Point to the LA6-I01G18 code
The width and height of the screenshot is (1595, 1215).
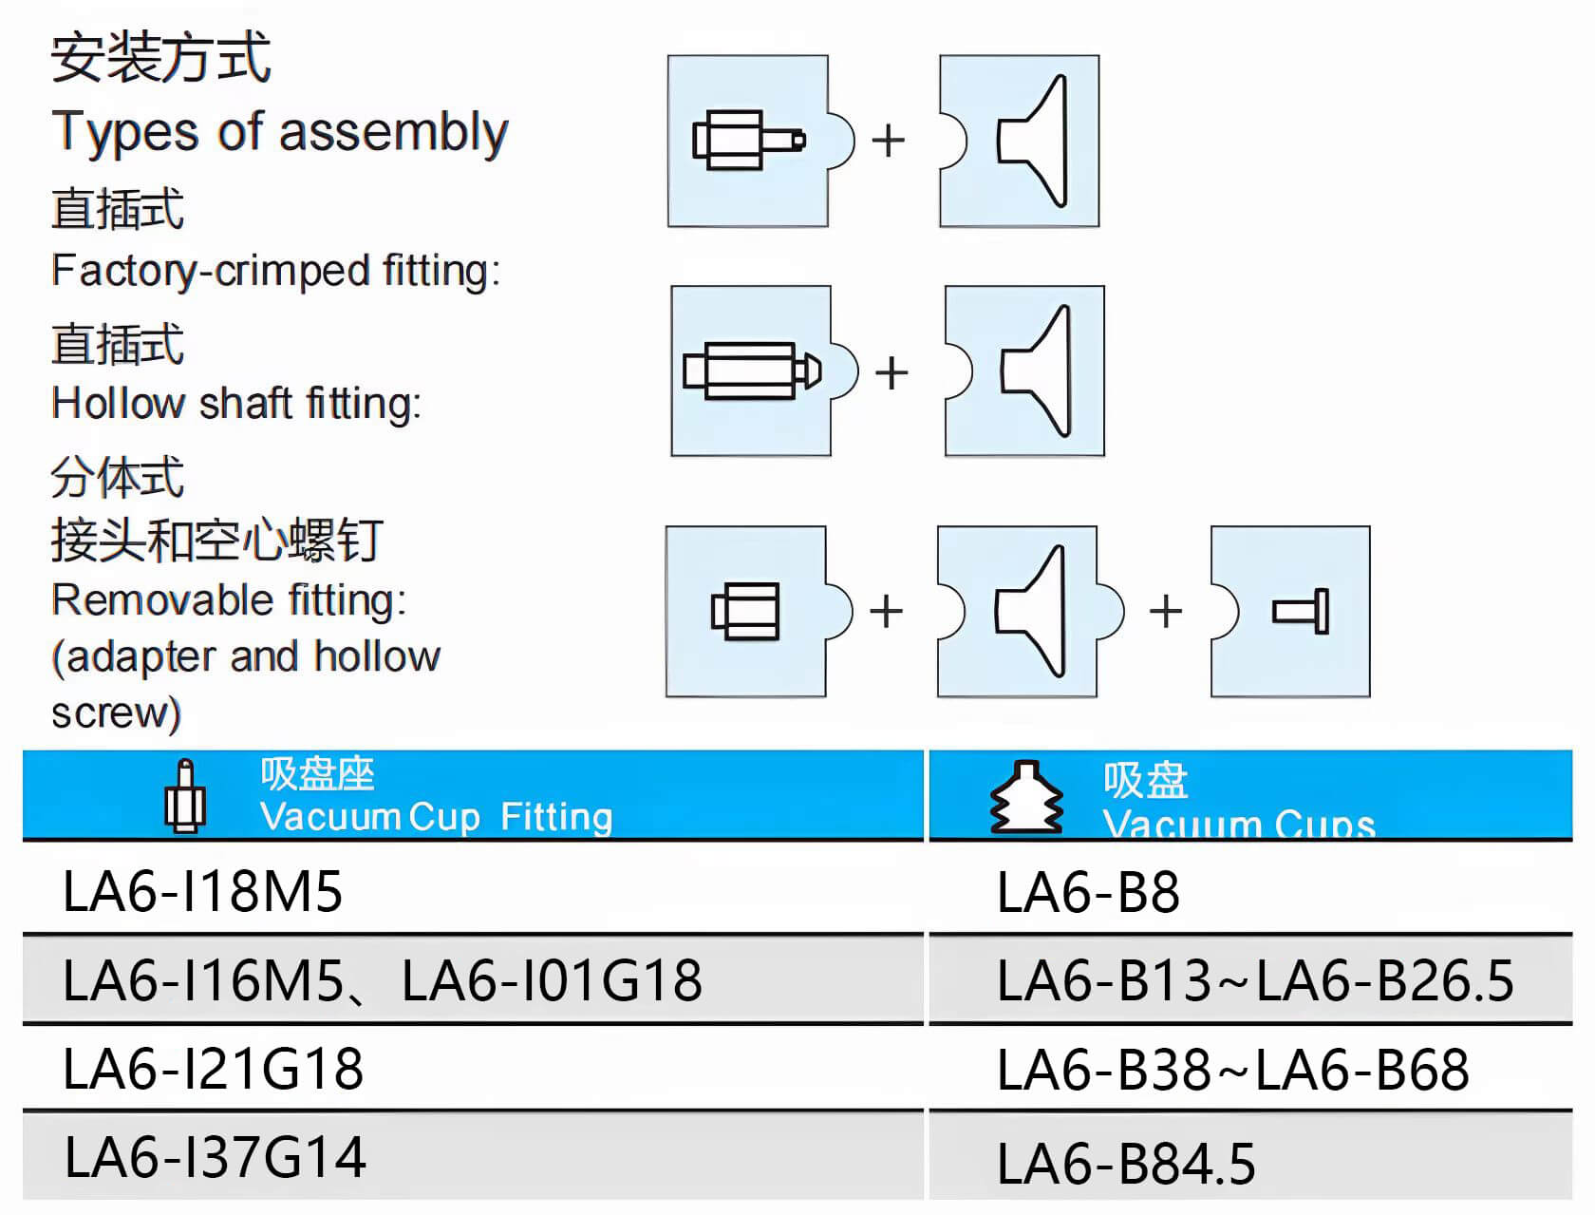pyautogui.click(x=552, y=980)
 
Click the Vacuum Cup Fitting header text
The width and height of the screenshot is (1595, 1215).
pyautogui.click(x=436, y=817)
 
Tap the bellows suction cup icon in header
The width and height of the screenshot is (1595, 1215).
pyautogui.click(x=1026, y=797)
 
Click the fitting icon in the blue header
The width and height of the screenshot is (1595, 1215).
pyautogui.click(x=185, y=797)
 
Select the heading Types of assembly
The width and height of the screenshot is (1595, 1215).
pyautogui.click(x=280, y=131)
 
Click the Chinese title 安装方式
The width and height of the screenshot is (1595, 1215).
pyautogui.click(x=160, y=57)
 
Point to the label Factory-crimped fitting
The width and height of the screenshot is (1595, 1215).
pyautogui.click(x=275, y=271)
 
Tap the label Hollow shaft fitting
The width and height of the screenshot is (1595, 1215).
pyautogui.click(x=236, y=404)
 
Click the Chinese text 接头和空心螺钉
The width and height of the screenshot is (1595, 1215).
pyautogui.click(x=216, y=541)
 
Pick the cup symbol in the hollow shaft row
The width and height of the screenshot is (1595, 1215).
pyautogui.click(x=1035, y=370)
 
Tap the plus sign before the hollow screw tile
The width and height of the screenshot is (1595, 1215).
pyautogui.click(x=1165, y=611)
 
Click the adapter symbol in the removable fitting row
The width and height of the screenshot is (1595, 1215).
pyautogui.click(x=745, y=611)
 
